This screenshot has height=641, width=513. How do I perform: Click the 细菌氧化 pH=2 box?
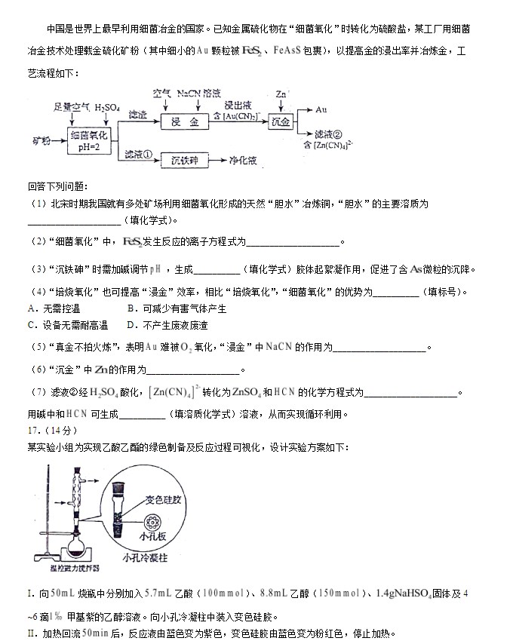pos(90,140)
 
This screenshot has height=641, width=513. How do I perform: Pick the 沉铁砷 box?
pos(184,161)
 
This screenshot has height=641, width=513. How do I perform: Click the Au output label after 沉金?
pos(321,110)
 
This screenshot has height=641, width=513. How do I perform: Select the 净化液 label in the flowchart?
pos(244,161)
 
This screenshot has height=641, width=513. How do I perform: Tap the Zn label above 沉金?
pos(281,94)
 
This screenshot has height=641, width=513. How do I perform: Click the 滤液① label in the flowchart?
pos(139,155)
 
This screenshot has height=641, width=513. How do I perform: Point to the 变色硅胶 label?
pos(164,500)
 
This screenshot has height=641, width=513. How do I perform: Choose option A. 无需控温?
pos(54,308)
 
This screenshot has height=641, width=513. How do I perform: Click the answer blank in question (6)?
pos(194,370)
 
